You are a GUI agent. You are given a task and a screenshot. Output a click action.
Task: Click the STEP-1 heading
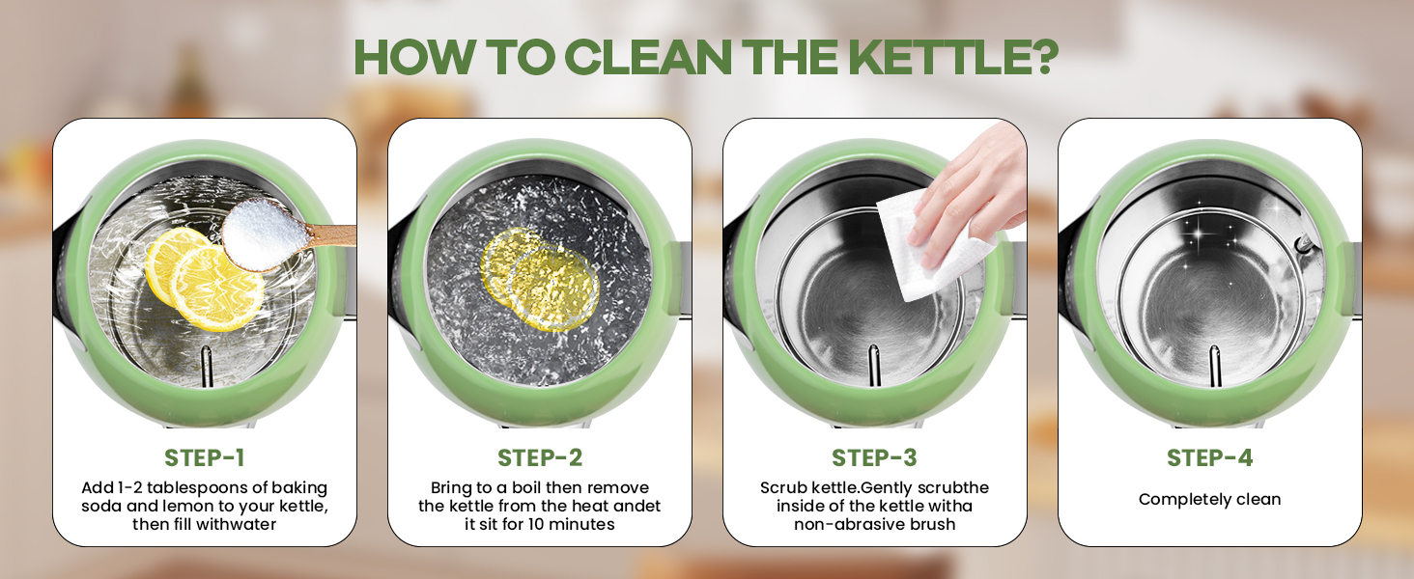tap(205, 458)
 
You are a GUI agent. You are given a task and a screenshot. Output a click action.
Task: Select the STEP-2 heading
tap(540, 458)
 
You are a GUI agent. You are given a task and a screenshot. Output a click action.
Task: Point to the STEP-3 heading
tap(874, 458)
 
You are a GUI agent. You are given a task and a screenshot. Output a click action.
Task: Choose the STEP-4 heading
tap(1209, 458)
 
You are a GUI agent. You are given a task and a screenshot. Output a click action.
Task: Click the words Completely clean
tap(1209, 500)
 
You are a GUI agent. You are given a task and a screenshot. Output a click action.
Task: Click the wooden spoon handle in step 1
tap(331, 235)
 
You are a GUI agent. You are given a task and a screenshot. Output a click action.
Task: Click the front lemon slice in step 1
tap(217, 289)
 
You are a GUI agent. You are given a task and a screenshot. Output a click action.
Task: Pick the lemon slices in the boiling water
tap(538, 279)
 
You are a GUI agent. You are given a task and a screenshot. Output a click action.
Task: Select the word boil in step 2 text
tap(526, 487)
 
